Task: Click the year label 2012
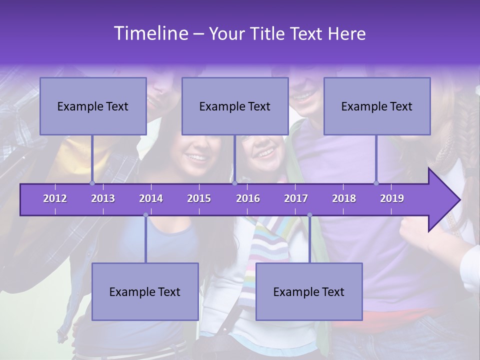point(55,198)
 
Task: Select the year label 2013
point(103,198)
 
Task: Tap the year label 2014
point(151,198)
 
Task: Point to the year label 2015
point(199,198)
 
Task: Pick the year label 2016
point(248,198)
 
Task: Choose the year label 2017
point(296,198)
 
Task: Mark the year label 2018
point(344,198)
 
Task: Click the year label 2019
point(392,198)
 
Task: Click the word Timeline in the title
point(150,33)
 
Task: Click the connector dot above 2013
point(92,183)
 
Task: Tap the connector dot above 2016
point(234,183)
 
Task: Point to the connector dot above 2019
point(376,183)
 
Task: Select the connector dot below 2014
point(145,215)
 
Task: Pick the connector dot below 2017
point(309,215)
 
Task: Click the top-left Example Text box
point(93,106)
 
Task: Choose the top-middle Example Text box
point(235,106)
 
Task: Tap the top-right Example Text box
point(377,106)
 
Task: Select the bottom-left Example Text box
point(145,291)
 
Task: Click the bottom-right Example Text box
point(309,291)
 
